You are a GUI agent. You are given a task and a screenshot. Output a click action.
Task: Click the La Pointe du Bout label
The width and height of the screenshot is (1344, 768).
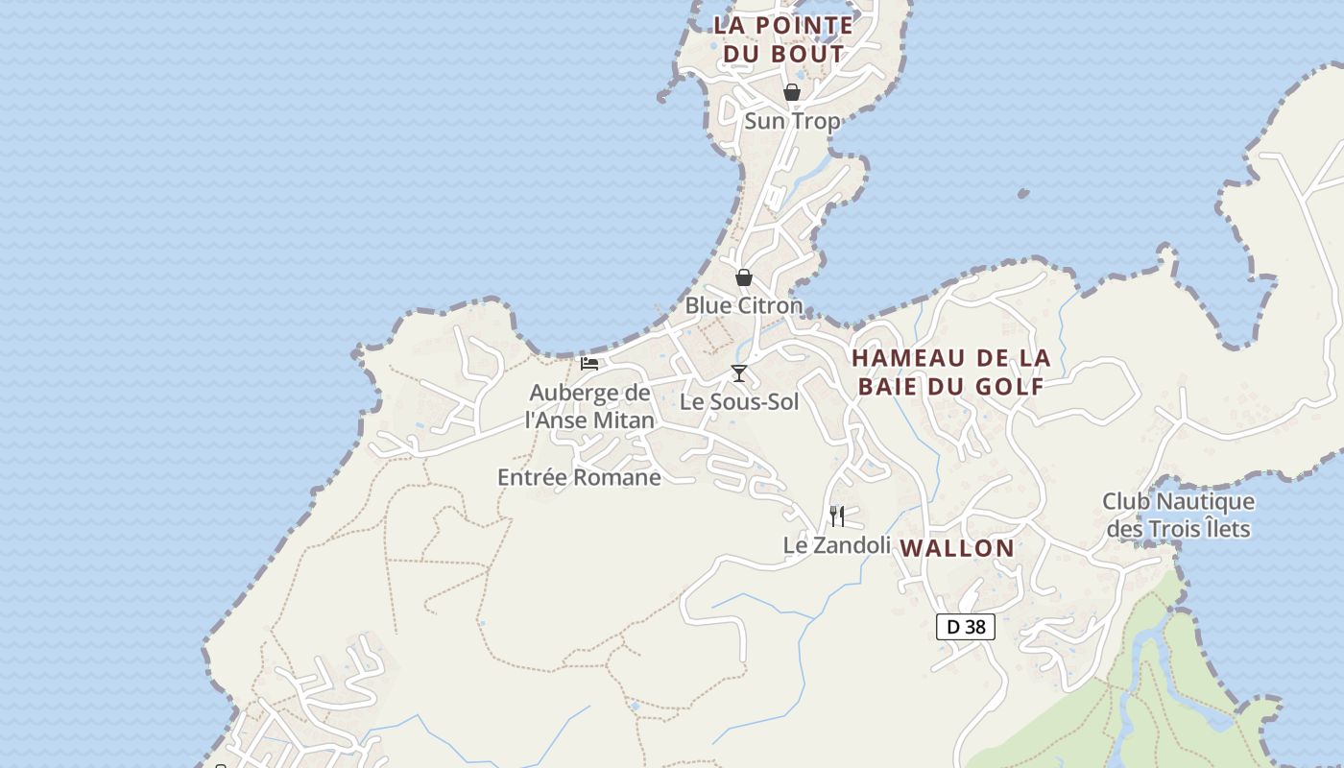click(x=783, y=39)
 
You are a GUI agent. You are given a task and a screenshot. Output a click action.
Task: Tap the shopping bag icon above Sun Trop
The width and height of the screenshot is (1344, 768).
click(x=792, y=92)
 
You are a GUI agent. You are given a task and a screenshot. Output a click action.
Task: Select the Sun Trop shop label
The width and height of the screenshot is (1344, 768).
click(x=792, y=121)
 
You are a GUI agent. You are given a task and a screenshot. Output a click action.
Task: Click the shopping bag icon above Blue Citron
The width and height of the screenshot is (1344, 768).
click(x=744, y=277)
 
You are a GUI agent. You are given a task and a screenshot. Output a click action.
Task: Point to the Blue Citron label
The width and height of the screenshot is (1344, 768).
click(x=743, y=305)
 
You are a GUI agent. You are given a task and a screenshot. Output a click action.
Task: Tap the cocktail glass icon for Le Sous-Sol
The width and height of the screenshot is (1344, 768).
click(x=738, y=373)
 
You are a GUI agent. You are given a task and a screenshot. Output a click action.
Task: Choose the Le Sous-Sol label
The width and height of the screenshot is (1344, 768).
click(x=739, y=401)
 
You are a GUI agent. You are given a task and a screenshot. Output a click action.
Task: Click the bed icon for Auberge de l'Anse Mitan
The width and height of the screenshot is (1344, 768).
click(x=589, y=364)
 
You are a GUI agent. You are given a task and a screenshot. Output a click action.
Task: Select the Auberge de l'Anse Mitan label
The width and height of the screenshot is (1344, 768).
click(x=589, y=406)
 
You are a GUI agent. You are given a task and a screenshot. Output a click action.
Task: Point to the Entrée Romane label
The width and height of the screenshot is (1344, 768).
click(x=579, y=477)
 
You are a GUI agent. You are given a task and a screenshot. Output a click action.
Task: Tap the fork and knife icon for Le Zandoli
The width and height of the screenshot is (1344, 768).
click(x=837, y=516)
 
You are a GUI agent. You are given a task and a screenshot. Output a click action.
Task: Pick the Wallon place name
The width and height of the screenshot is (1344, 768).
click(x=957, y=548)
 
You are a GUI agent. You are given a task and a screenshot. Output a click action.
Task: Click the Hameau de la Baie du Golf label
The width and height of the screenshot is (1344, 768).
click(x=951, y=372)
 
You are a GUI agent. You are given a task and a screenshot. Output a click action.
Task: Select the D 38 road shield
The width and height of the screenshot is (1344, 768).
click(x=966, y=627)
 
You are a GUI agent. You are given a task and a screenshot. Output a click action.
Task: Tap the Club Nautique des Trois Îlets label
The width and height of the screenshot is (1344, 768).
click(x=1178, y=515)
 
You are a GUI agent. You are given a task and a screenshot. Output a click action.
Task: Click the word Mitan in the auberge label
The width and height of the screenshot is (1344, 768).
click(x=623, y=420)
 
